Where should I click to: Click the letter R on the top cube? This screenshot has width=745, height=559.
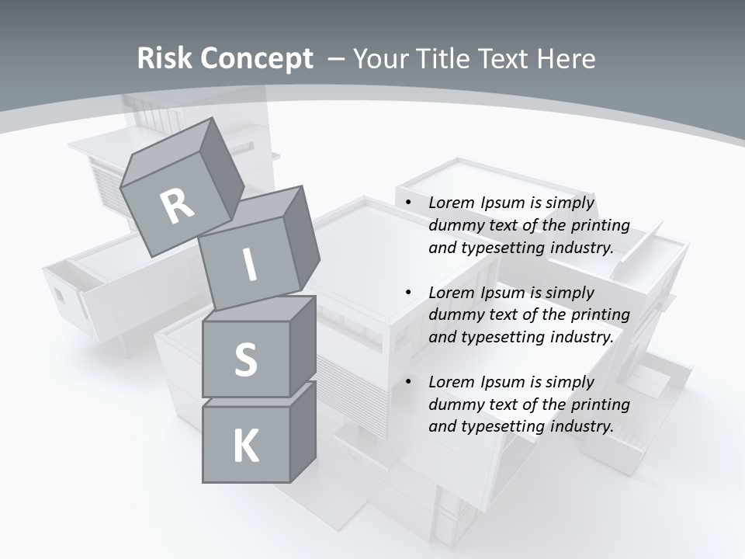(178, 207)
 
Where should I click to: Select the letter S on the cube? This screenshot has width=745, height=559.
(245, 359)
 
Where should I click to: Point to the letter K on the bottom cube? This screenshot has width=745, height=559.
(245, 446)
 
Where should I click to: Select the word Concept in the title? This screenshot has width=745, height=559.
(255, 59)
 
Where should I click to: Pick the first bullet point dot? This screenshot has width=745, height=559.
(408, 203)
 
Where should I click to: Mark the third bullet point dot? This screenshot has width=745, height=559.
(408, 383)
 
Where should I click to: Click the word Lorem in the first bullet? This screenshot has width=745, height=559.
(452, 203)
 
